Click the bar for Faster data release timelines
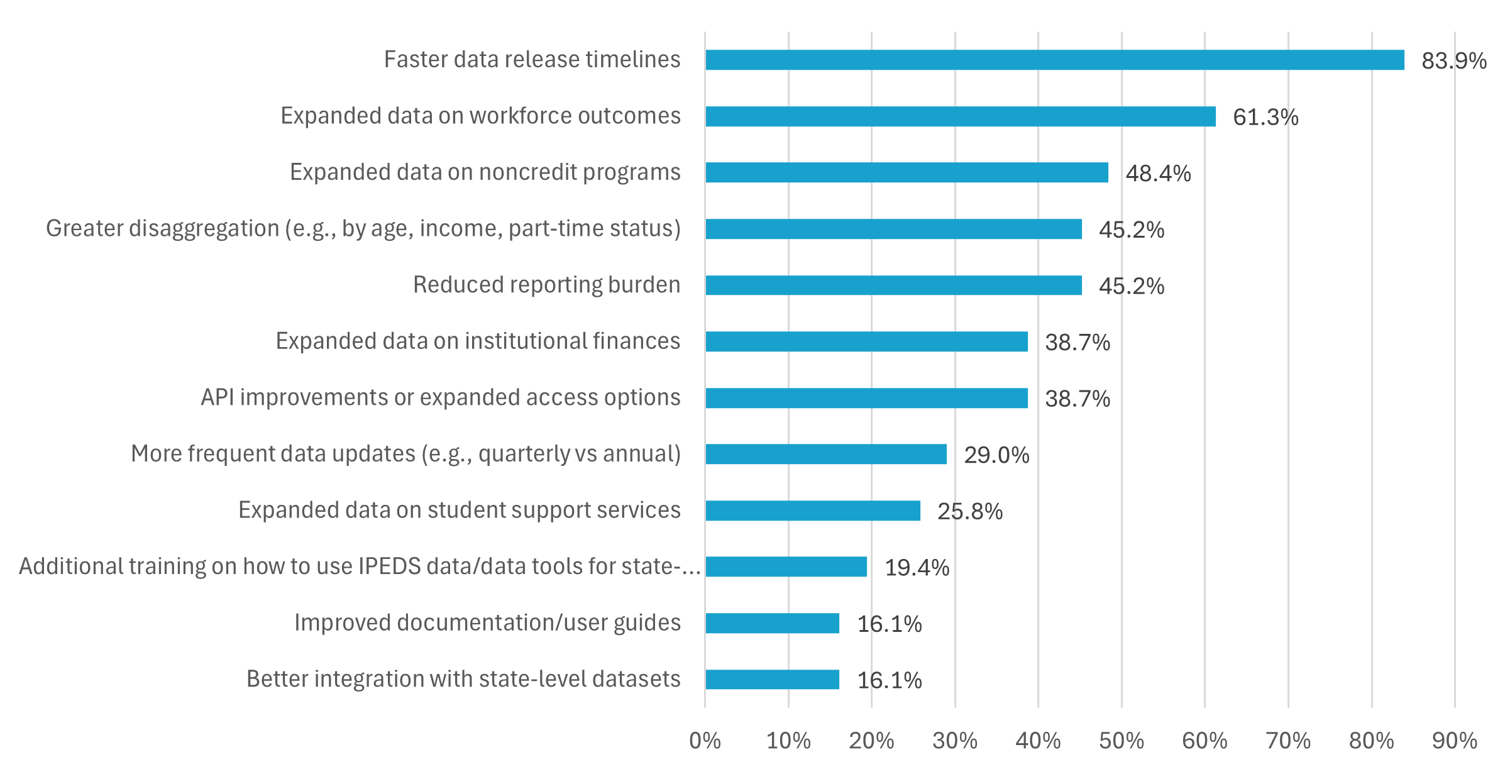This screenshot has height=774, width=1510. pos(1054,60)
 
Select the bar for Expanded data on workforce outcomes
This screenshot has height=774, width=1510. pos(960,116)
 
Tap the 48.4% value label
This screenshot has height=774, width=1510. pos(1158,174)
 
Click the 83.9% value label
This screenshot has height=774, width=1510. pos(1453,61)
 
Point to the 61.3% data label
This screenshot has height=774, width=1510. pos(1265,118)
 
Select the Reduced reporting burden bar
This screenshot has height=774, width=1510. pos(893,285)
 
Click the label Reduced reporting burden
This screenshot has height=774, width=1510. pos(546,285)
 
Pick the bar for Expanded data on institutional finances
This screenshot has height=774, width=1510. pos(866,341)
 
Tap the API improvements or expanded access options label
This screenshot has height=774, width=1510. pos(440,397)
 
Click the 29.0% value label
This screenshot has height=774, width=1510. pos(996,455)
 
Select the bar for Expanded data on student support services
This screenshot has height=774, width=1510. pos(812,511)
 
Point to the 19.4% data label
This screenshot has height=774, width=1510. pos(917,568)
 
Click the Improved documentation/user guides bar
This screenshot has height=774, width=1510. pos(772,623)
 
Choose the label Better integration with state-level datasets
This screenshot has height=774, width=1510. pos(463,679)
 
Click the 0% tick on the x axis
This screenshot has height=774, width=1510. pos(705,741)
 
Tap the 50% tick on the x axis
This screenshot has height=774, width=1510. pos(1121,741)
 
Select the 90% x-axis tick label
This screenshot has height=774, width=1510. pos(1454,741)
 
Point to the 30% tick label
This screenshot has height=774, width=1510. pos(954,741)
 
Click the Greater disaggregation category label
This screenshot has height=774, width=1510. pos(363,228)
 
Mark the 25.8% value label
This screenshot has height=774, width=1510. pos(969,512)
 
